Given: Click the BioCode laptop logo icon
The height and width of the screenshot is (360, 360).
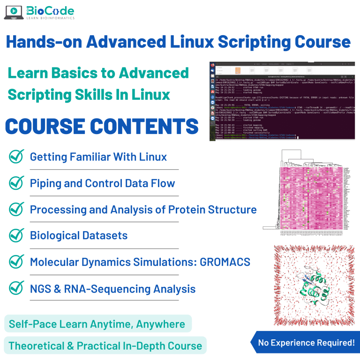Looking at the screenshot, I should click(x=14, y=13).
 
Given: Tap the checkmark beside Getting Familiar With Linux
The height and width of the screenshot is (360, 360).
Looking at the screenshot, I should click(x=16, y=156).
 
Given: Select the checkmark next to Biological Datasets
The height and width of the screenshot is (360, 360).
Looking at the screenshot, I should click(x=16, y=235).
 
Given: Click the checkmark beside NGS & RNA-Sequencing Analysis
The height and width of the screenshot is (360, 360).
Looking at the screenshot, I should click(x=16, y=287).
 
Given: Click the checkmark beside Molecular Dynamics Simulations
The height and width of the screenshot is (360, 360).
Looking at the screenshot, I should click(x=16, y=261).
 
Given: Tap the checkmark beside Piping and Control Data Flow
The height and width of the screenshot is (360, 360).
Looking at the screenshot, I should click(x=16, y=182).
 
